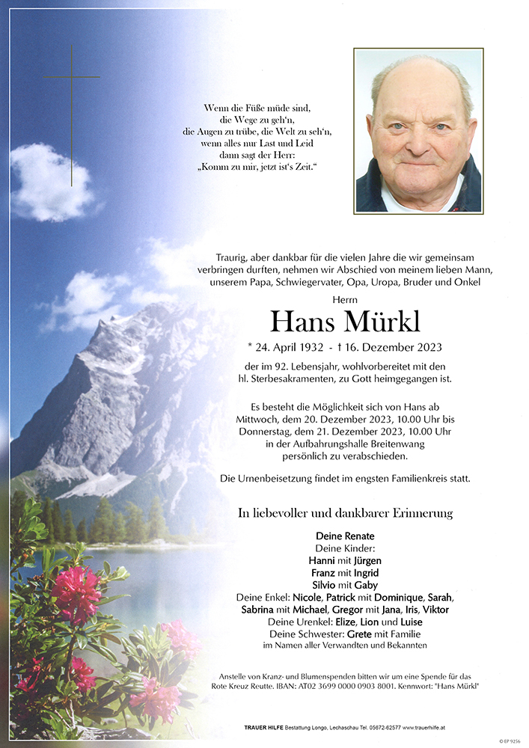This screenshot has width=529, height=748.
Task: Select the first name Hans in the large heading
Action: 302,321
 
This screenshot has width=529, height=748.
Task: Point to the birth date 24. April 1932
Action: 285,346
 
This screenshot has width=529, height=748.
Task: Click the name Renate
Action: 356,536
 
